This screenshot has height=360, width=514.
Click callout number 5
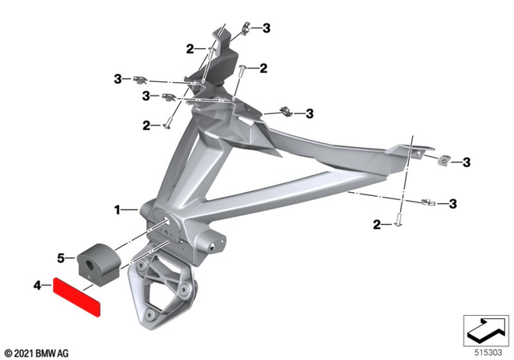coord(60,259)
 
